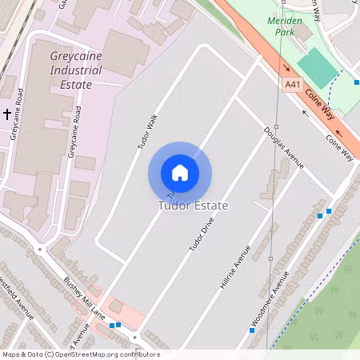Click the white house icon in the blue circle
coord(180,173)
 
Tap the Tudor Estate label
coord(193,206)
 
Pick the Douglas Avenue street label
coord(284,147)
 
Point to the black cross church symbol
coord(7,114)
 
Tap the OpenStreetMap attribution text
coord(81,354)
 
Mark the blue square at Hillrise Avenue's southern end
coord(251,330)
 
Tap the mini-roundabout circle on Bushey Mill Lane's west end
coord(38,249)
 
